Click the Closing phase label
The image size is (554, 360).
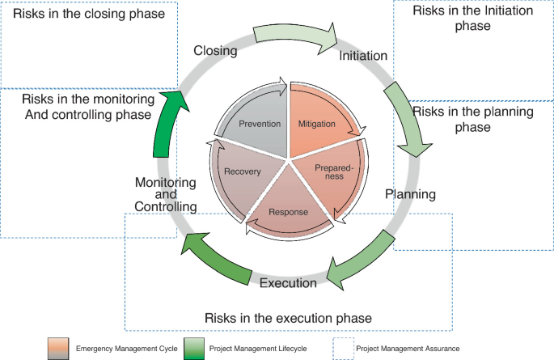pos(215,50)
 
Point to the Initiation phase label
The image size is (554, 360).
pos(363,56)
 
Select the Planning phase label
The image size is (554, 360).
pos(410,195)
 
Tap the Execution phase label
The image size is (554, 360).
pos(288,283)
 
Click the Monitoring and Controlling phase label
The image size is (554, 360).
pos(165,195)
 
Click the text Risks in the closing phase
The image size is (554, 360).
pos(89,14)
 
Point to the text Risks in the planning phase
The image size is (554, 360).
pos(472,119)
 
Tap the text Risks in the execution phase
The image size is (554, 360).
pos(288,318)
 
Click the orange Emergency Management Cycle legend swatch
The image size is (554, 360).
pos(58,349)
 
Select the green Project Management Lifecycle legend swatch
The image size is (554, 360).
pos(194,349)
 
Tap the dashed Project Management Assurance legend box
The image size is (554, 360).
pos(343,349)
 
